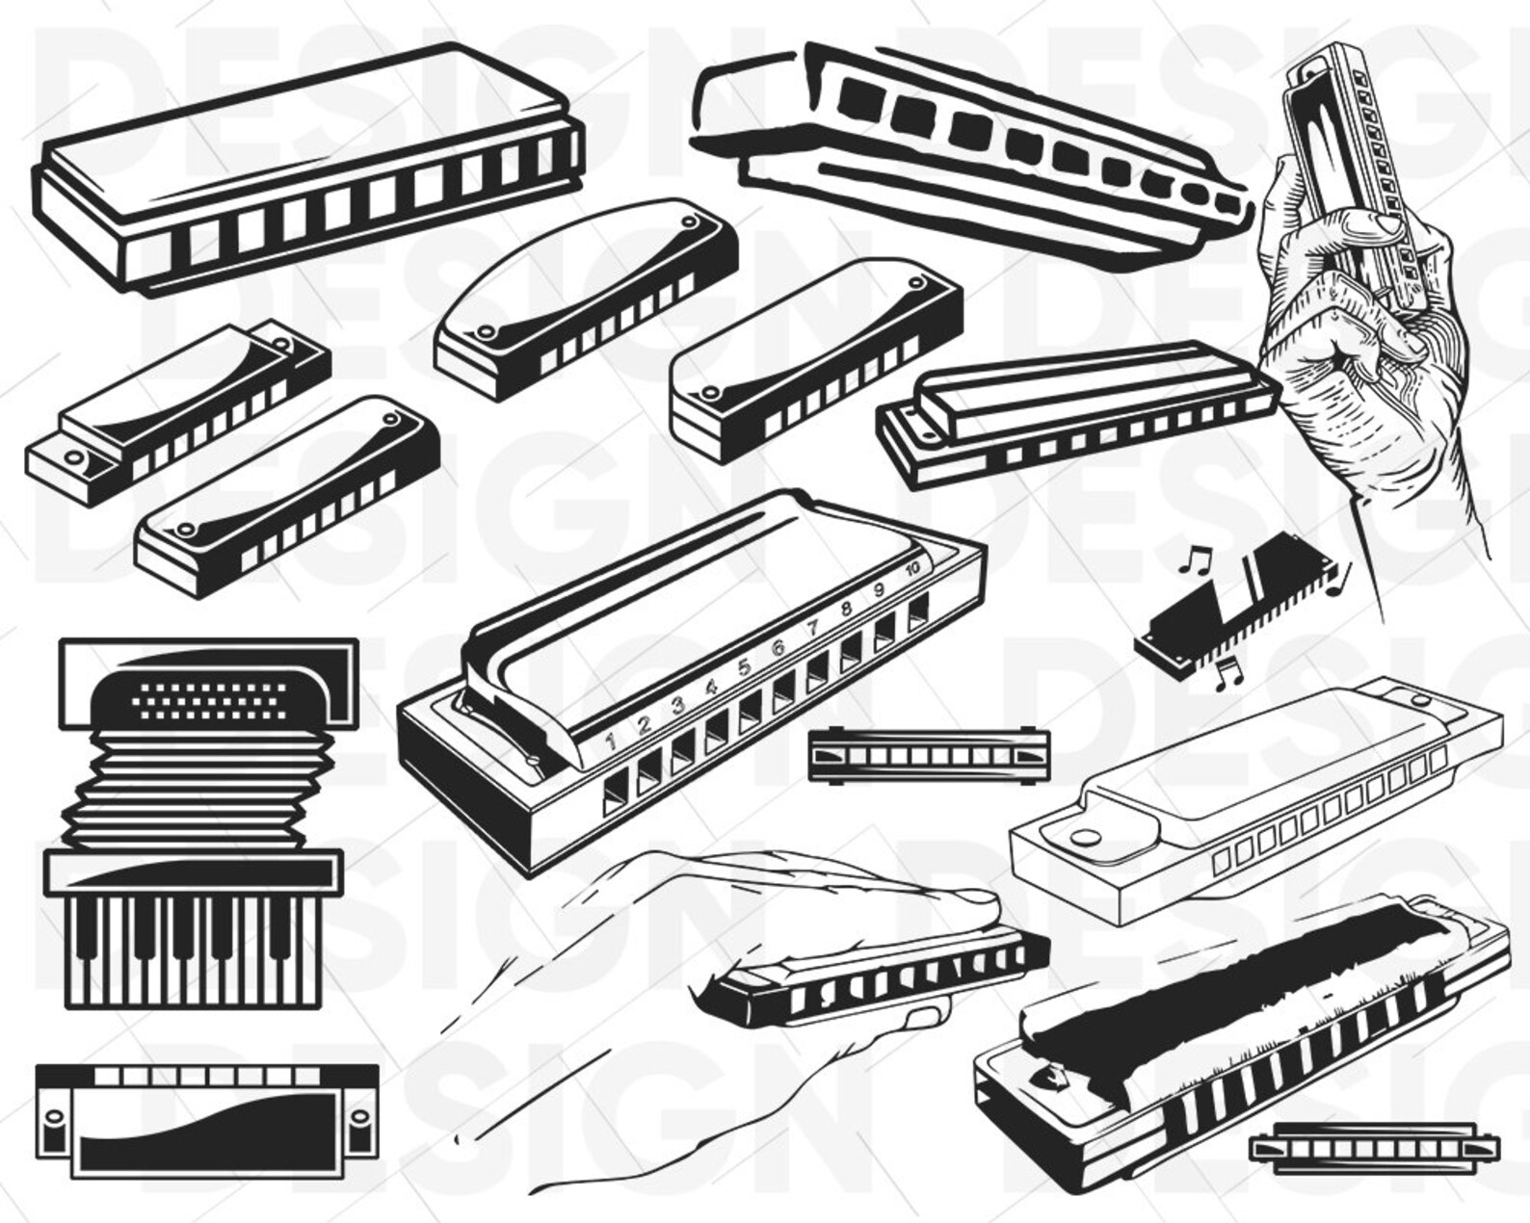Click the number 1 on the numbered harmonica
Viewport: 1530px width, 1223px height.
coord(610,741)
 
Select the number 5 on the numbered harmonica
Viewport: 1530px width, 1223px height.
coord(744,666)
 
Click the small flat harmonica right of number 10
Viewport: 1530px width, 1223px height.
coord(929,754)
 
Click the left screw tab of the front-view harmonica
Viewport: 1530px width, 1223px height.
coord(49,1122)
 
